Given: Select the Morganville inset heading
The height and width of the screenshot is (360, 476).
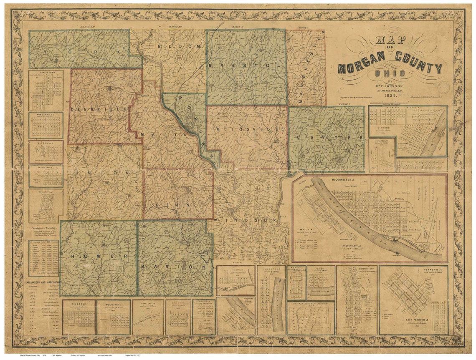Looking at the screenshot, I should [x=46, y=114].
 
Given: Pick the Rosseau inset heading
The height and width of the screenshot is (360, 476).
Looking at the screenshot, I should [x=46, y=142].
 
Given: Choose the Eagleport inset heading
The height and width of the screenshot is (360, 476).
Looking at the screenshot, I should [x=271, y=269].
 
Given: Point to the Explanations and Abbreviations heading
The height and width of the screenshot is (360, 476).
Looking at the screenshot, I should [x=44, y=282].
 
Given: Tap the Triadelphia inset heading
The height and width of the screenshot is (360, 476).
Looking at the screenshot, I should [x=46, y=166].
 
